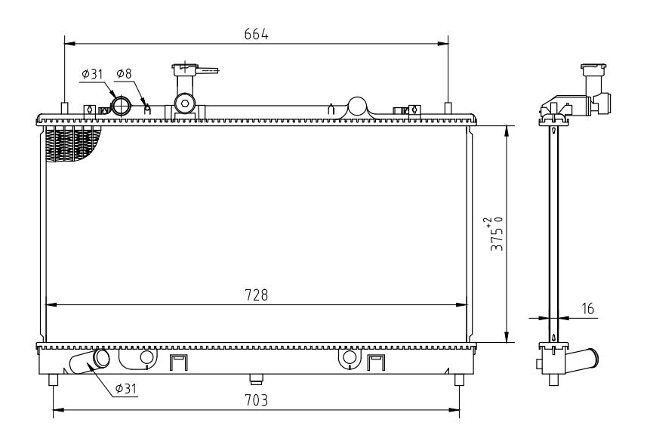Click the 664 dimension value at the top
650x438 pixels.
(256, 34)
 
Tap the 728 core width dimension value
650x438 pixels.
(256, 295)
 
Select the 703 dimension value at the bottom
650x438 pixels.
(256, 400)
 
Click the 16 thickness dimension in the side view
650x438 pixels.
(588, 309)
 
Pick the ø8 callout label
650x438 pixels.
(124, 74)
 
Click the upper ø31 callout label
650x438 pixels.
(91, 74)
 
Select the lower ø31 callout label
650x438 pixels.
(125, 389)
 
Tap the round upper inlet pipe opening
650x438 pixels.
(121, 106)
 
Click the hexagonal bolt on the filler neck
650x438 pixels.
(185, 103)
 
